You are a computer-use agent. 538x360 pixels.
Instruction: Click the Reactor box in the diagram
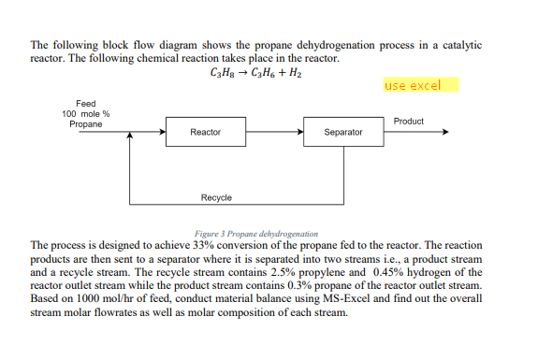(205, 133)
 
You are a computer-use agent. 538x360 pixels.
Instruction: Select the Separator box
(342, 133)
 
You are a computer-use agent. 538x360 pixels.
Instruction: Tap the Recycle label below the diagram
(216, 197)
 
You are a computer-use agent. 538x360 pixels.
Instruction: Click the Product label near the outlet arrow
(409, 122)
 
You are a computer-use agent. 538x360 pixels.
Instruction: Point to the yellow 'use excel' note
(413, 86)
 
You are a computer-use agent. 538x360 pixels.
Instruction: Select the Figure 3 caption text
(255, 233)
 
